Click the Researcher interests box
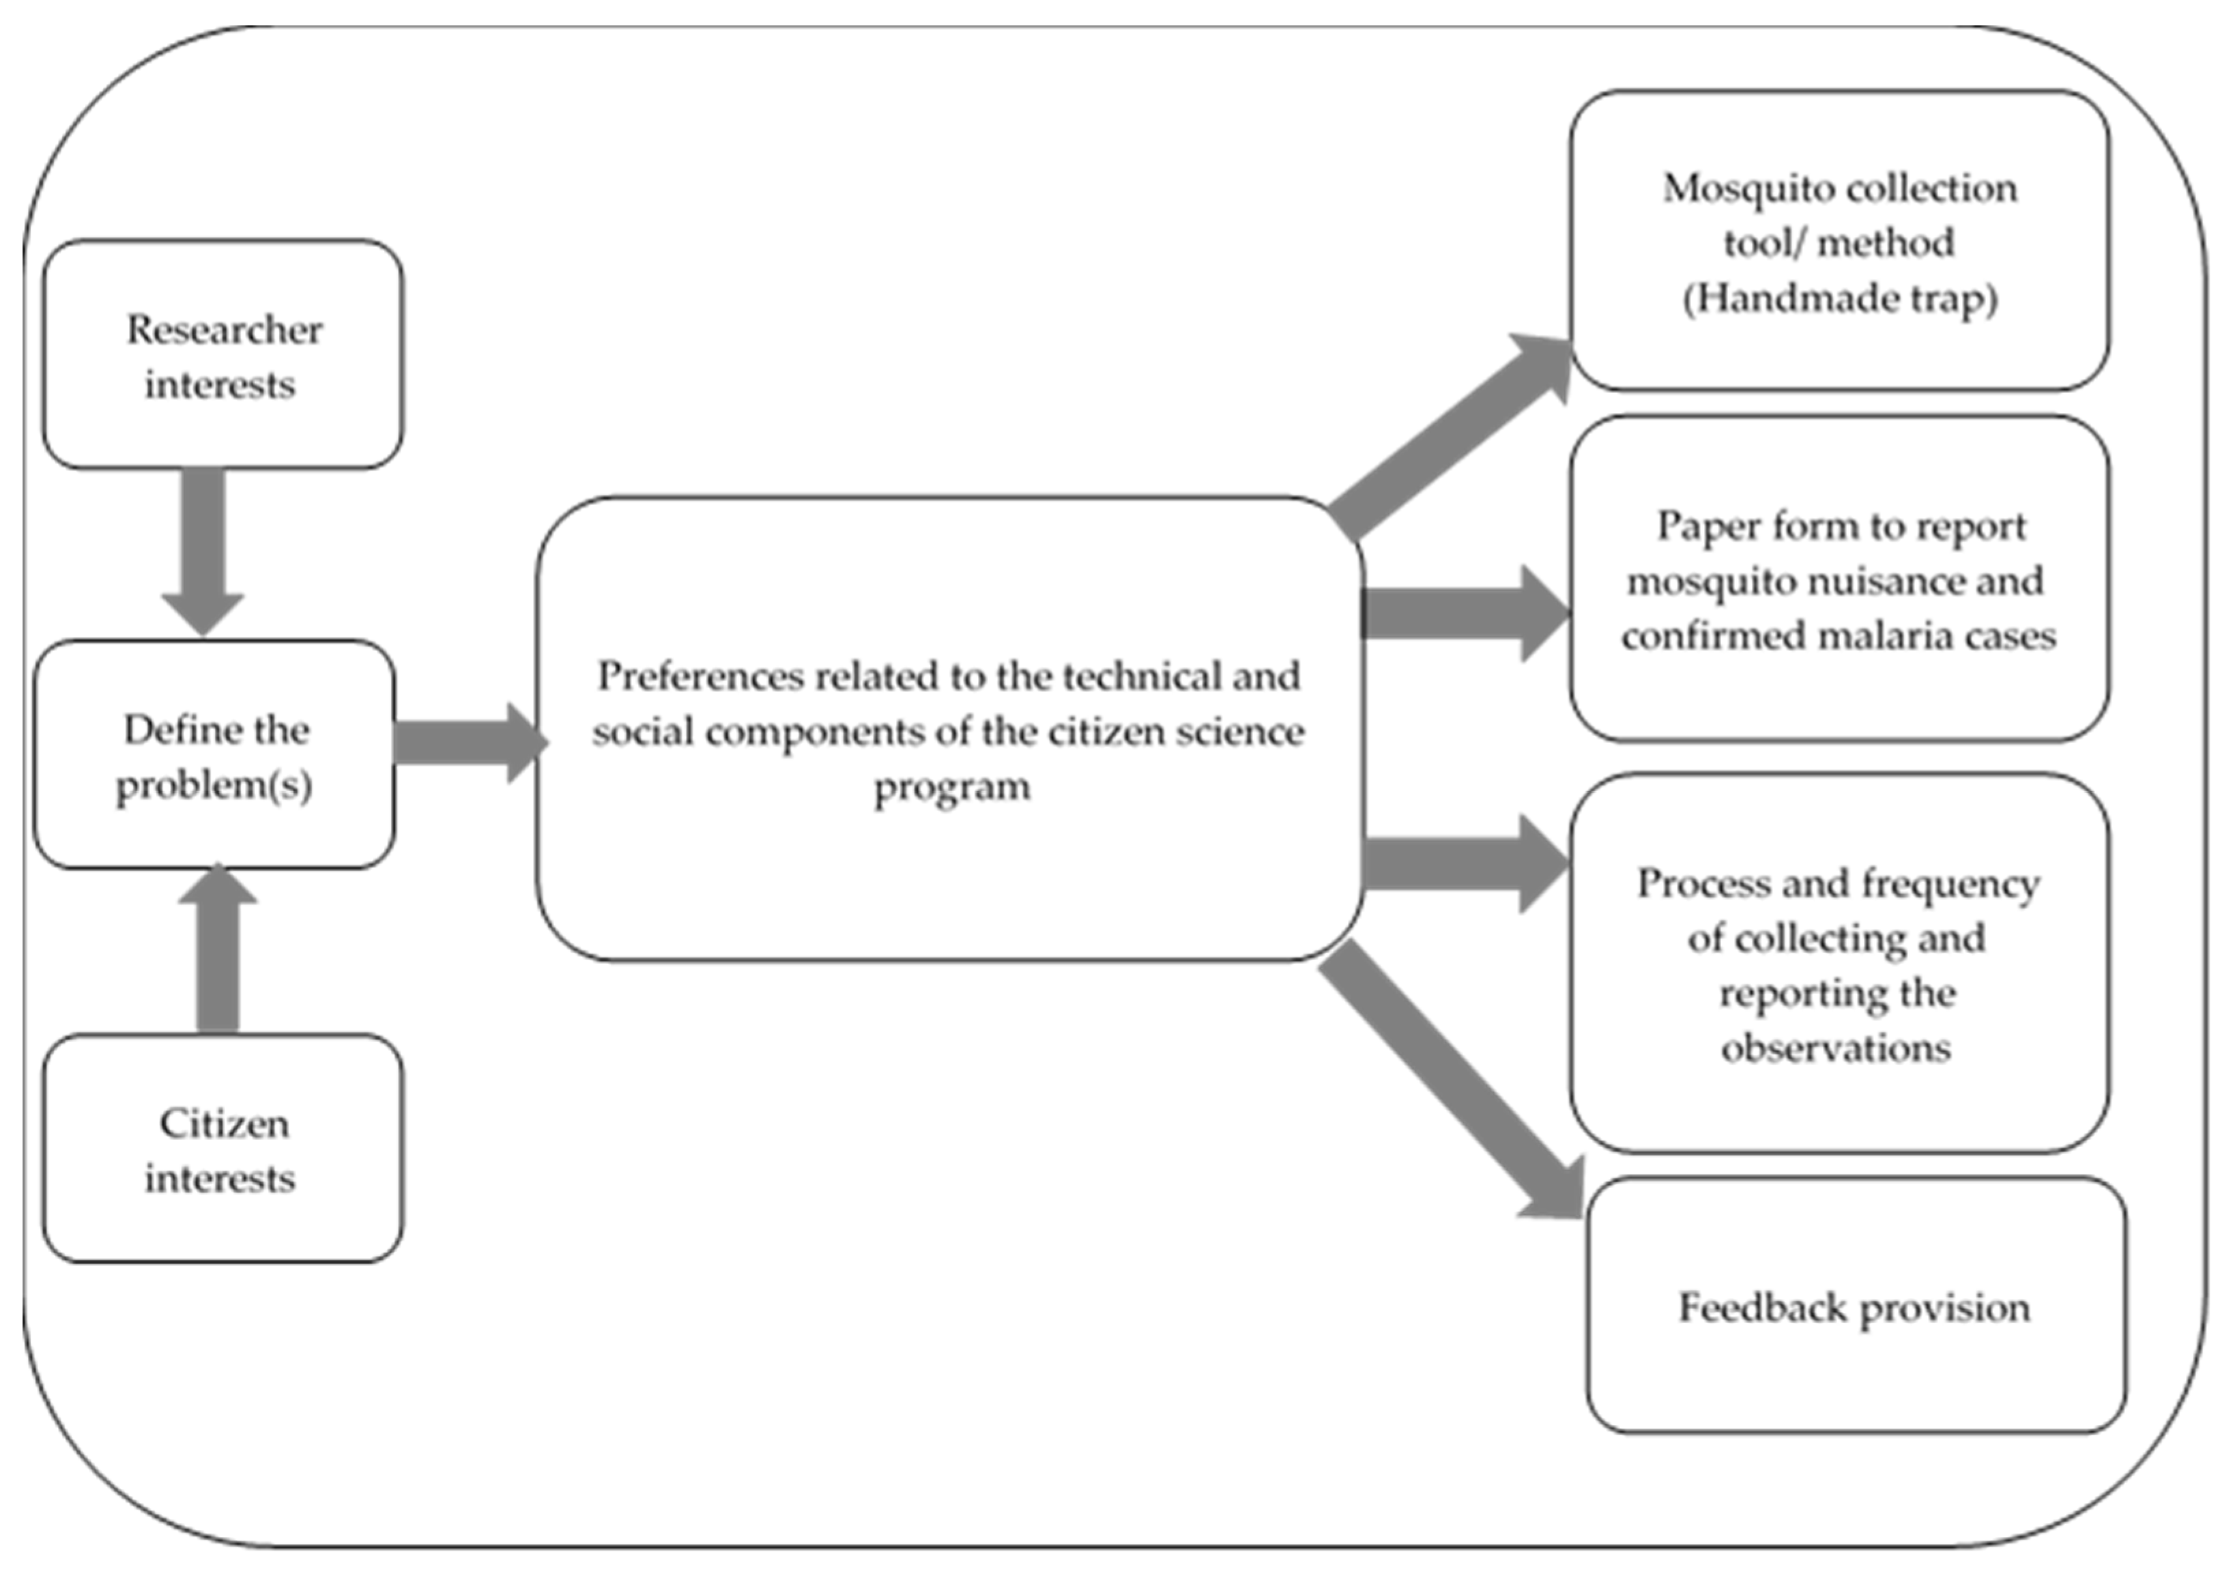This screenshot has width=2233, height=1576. click(x=222, y=355)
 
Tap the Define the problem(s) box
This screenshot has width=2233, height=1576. click(x=215, y=755)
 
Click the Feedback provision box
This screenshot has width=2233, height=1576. click(x=1856, y=1306)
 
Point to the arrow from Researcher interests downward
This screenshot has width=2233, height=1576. click(x=203, y=549)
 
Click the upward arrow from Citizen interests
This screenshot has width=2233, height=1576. click(x=218, y=949)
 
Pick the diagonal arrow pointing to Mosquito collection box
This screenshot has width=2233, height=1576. click(x=1449, y=438)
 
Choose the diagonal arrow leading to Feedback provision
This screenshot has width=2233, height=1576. click(x=1449, y=1080)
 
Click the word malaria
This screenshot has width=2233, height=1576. click(x=1875, y=636)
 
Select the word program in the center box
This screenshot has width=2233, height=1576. click(x=951, y=787)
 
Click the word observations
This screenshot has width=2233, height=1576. click(x=1836, y=1048)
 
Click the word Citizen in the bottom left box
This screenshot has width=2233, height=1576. click(x=225, y=1123)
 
